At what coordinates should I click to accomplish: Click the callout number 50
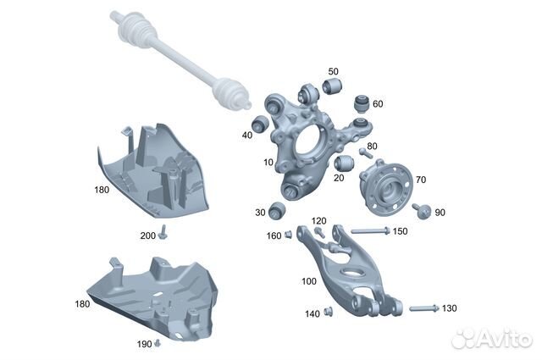333,72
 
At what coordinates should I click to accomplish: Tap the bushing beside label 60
362,103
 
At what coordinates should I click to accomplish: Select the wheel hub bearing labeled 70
386,187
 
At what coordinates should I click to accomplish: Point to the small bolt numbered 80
365,152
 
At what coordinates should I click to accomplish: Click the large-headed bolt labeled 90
423,210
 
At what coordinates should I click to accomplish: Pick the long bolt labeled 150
370,230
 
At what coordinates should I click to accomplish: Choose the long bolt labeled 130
424,308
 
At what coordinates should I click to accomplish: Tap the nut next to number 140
328,313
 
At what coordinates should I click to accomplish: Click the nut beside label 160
288,235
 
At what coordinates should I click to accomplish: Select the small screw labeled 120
319,232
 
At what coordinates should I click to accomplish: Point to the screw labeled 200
163,232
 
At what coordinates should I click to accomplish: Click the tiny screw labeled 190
158,343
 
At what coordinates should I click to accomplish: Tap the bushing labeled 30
277,210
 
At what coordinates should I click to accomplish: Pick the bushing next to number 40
260,124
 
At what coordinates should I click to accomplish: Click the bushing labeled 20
344,163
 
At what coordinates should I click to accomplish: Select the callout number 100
308,281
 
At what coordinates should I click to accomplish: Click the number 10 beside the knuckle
268,162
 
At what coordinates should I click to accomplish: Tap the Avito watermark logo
491,338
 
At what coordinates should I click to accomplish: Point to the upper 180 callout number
102,190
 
